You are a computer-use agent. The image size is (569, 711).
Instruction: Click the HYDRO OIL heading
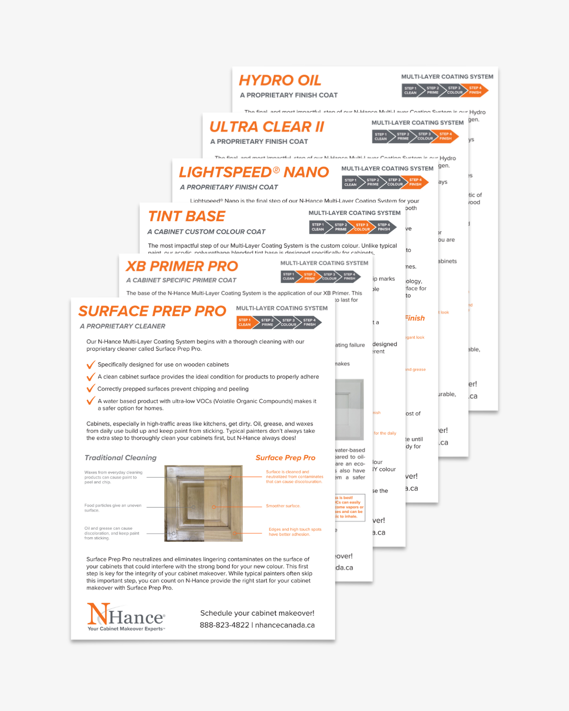280,81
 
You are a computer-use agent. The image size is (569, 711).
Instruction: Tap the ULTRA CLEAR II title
267,127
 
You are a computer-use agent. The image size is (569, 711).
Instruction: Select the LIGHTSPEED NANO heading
253,172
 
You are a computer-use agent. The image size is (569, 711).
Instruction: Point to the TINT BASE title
187,216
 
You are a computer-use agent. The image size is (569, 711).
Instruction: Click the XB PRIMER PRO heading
182,266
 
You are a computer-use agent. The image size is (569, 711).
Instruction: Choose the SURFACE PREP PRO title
152,311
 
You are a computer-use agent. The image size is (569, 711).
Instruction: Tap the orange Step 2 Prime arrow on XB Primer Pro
310,276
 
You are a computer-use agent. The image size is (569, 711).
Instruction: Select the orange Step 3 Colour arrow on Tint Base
361,227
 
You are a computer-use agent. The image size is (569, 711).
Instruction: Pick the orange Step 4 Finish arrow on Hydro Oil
475,91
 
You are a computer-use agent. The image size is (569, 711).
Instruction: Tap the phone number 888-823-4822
224,625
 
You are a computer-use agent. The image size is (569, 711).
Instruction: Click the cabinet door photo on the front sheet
203,503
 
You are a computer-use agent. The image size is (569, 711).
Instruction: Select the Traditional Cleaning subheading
121,458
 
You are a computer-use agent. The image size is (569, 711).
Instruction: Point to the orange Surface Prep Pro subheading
286,458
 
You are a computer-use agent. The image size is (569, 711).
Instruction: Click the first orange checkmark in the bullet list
91,364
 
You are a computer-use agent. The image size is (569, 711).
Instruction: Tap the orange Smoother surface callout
283,506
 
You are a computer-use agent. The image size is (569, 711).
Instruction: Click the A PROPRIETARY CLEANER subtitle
123,327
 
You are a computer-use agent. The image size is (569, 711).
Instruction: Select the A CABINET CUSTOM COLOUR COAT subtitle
206,232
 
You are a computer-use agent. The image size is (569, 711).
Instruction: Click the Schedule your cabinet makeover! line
257,613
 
